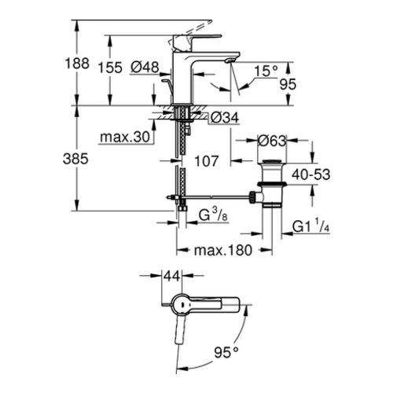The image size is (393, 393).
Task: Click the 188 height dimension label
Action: click(77, 64)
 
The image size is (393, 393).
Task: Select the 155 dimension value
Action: click(110, 68)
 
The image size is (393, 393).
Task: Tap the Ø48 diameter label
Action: click(145, 67)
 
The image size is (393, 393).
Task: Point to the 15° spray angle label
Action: click(266, 71)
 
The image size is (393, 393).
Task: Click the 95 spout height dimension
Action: click(288, 84)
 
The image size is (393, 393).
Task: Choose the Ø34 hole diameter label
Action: click(225, 118)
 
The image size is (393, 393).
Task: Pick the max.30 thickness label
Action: click(125, 137)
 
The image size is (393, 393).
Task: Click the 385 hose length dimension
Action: click(75, 159)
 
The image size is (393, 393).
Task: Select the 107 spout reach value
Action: click(207, 161)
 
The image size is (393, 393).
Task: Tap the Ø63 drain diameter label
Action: click(272, 141)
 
